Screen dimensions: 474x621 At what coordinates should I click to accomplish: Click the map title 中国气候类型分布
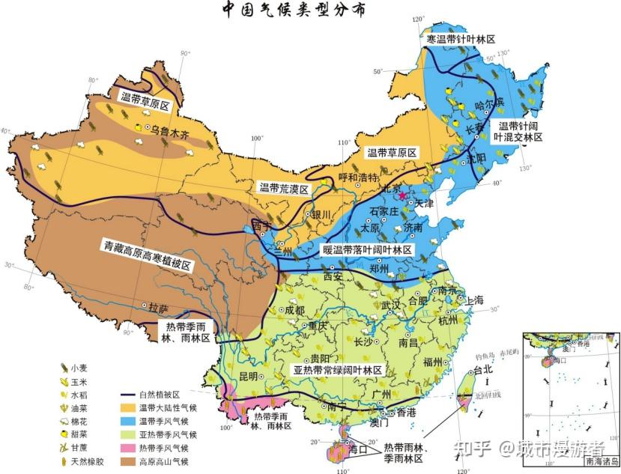[x=294, y=10]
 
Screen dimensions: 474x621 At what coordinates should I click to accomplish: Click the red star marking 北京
[x=403, y=195]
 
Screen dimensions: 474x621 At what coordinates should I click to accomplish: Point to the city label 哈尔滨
[x=491, y=102]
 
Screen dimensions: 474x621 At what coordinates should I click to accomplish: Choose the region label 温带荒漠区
[x=284, y=188]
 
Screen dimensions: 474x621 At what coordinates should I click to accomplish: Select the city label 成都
[x=294, y=309]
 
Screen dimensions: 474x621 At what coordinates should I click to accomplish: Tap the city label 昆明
[x=248, y=376]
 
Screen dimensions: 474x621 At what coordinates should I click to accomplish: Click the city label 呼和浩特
[x=360, y=177]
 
